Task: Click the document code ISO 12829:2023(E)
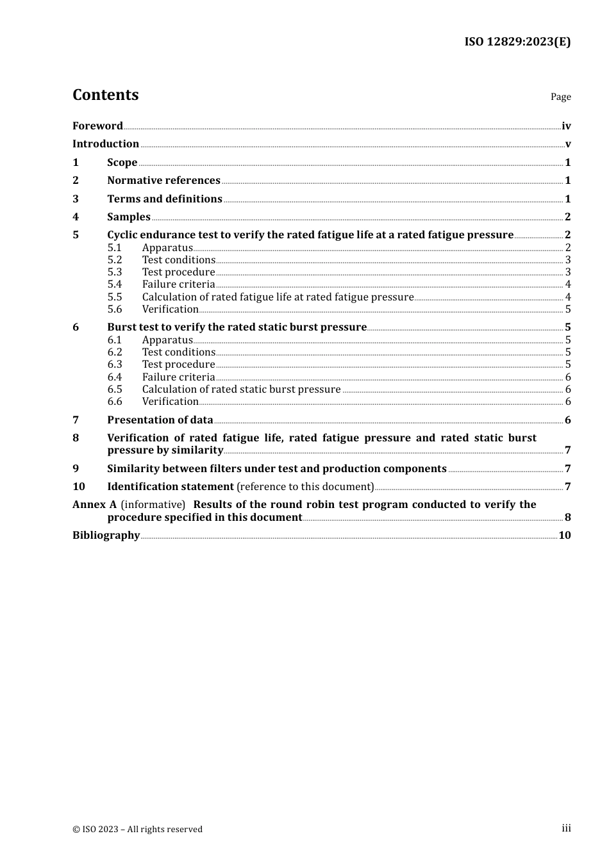click(517, 42)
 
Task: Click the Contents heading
click(105, 95)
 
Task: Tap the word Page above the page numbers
click(560, 97)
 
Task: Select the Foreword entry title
click(97, 126)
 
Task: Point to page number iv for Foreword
click(565, 126)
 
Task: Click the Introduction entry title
click(106, 144)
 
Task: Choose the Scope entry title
click(122, 163)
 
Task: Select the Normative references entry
click(163, 181)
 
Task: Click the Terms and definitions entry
click(164, 199)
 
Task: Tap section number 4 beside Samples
click(76, 217)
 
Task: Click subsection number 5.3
click(114, 272)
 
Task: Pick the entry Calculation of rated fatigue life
click(278, 297)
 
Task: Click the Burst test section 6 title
click(237, 327)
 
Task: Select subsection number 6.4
click(114, 377)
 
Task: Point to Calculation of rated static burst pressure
click(241, 389)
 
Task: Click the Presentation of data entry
click(160, 420)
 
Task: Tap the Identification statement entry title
click(170, 487)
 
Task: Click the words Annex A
click(94, 505)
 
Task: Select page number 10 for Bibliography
click(564, 536)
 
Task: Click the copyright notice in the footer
click(137, 830)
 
